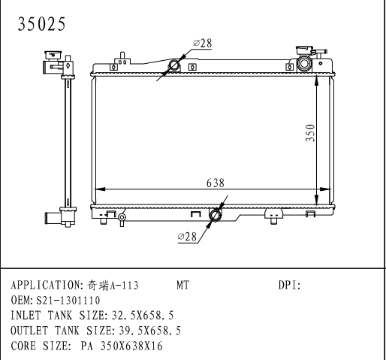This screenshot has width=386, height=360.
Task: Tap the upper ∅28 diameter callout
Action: [x=201, y=44]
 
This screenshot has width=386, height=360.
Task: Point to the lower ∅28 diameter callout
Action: [x=188, y=237]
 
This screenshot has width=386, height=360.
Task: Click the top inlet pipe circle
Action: [x=174, y=66]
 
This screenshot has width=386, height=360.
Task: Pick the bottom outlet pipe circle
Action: [x=216, y=216]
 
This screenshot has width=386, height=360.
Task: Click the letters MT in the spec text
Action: [x=183, y=286]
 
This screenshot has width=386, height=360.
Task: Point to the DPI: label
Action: [x=289, y=286]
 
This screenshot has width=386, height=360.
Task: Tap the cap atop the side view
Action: [x=53, y=55]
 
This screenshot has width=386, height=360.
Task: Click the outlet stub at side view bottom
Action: [x=51, y=218]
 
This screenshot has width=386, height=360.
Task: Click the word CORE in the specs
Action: [x=25, y=346]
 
